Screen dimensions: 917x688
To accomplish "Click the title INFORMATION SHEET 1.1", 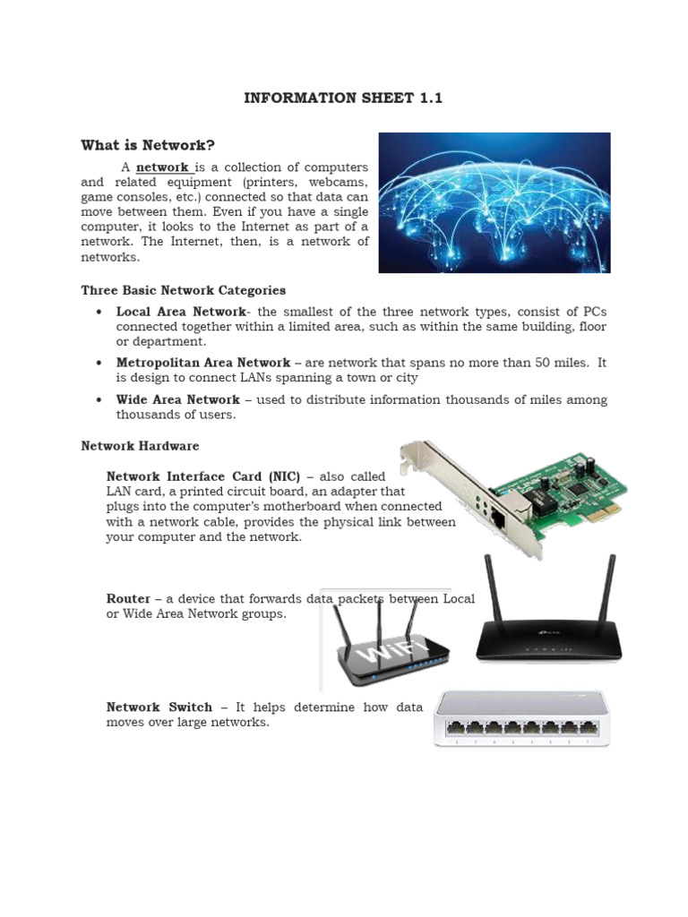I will click(x=343, y=98).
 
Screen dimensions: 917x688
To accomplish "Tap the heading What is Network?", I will click(x=149, y=145).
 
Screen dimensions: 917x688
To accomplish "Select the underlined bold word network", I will click(x=162, y=167).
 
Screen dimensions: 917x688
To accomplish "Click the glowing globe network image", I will click(x=494, y=202).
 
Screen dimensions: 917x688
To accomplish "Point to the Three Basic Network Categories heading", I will click(x=183, y=290).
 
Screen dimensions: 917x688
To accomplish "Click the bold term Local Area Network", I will click(x=180, y=312).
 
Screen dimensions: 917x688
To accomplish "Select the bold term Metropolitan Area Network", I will click(x=202, y=363).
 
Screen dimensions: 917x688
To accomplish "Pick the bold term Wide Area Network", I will click(x=177, y=399).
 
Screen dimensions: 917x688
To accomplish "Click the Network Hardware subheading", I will click(x=140, y=445).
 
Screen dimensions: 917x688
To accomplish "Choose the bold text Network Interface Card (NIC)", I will click(x=203, y=476).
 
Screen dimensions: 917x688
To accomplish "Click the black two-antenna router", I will click(x=546, y=627).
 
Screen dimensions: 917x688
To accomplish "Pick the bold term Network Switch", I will click(x=159, y=707).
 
